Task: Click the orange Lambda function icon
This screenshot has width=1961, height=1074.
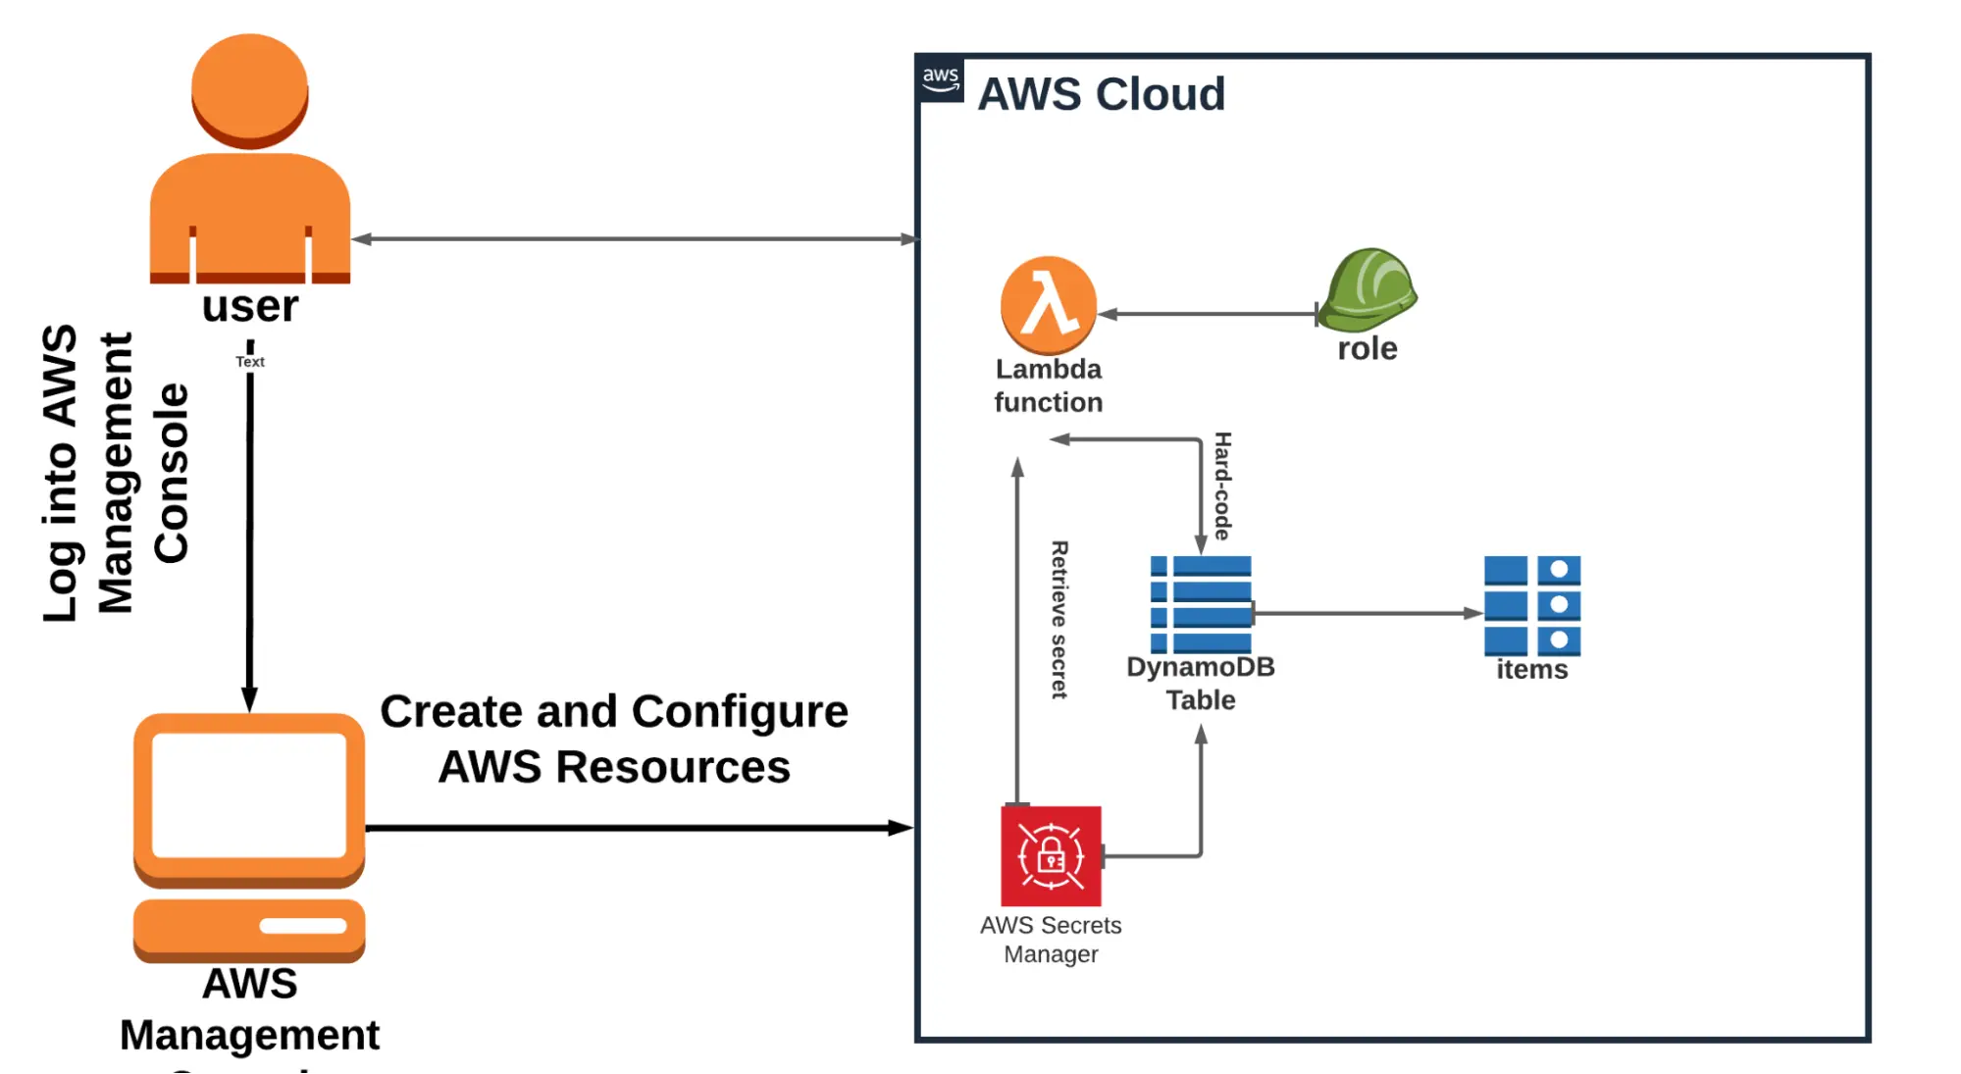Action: pos(1048,305)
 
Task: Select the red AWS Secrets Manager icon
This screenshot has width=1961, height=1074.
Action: pos(1050,856)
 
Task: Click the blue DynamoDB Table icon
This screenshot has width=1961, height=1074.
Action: pos(1202,604)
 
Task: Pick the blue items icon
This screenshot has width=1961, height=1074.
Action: pos(1531,604)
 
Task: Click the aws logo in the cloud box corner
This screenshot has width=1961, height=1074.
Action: pos(940,79)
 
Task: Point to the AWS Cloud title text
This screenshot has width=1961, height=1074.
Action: pos(1101,94)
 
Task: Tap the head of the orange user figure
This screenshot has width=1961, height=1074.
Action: pos(249,88)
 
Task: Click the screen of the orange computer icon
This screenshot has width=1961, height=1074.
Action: pos(249,794)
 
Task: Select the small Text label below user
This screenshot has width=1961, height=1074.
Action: pos(249,362)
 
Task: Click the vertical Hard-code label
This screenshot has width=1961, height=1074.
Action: pos(1222,486)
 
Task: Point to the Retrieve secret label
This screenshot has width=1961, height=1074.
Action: pos(1059,619)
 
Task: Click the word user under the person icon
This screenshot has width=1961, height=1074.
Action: pos(249,307)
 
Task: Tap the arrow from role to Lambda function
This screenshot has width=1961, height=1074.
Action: pos(1207,314)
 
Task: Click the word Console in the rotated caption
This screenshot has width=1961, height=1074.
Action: pos(172,473)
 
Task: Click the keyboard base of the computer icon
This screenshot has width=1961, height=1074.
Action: pos(249,927)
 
